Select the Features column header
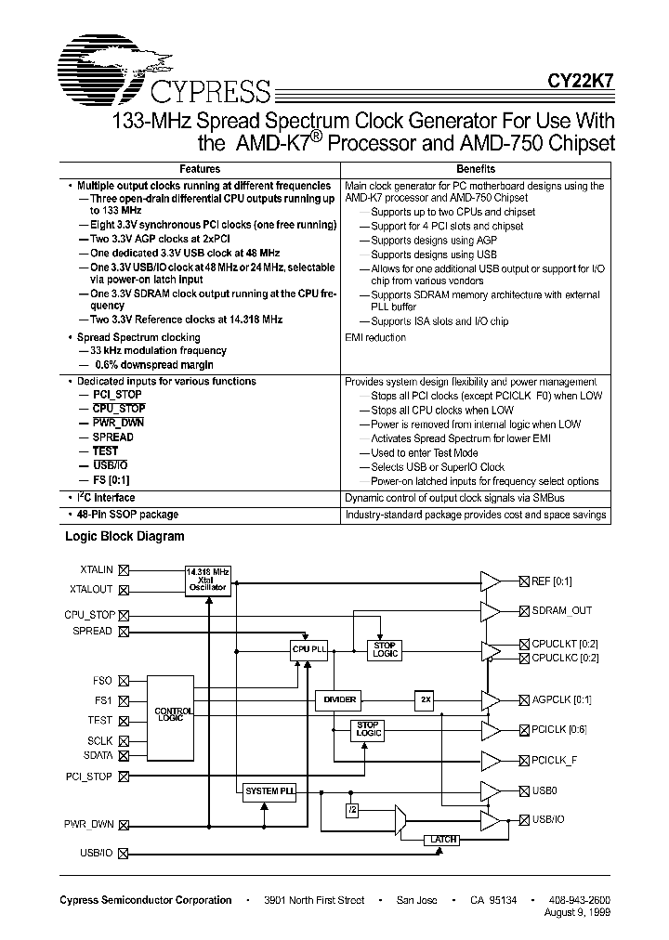[x=200, y=169]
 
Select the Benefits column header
[x=476, y=169]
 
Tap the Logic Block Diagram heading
[x=125, y=536]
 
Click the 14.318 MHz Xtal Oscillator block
[x=207, y=581]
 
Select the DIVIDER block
[x=340, y=699]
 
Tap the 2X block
[x=425, y=699]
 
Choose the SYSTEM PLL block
[x=269, y=791]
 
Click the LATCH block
[x=444, y=840]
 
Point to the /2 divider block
[x=353, y=810]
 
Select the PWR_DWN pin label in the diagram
[x=88, y=824]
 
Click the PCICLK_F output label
[x=555, y=760]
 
